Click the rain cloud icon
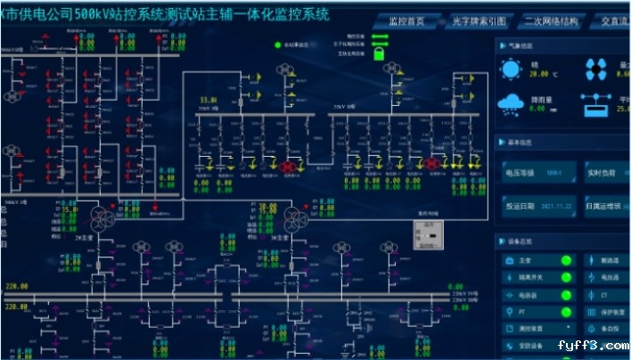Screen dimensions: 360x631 tap(511, 104)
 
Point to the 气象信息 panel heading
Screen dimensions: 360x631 tap(521, 45)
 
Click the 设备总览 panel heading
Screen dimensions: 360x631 tap(521, 241)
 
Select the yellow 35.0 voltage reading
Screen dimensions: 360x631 tap(208, 100)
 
